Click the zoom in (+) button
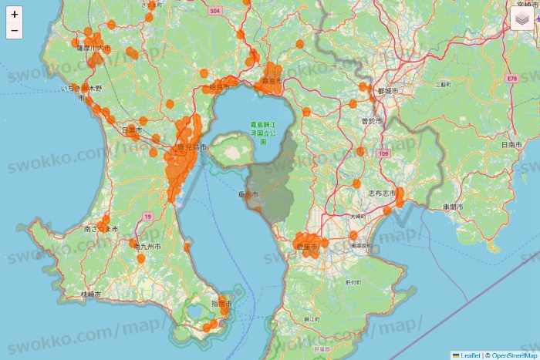click(15, 14)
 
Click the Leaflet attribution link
click(470, 355)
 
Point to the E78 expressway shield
click(511, 79)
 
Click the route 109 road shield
click(384, 155)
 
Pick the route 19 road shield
click(147, 217)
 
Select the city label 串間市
click(453, 207)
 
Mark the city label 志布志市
click(381, 193)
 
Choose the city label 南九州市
click(147, 247)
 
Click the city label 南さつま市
click(101, 229)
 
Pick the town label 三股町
click(442, 84)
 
